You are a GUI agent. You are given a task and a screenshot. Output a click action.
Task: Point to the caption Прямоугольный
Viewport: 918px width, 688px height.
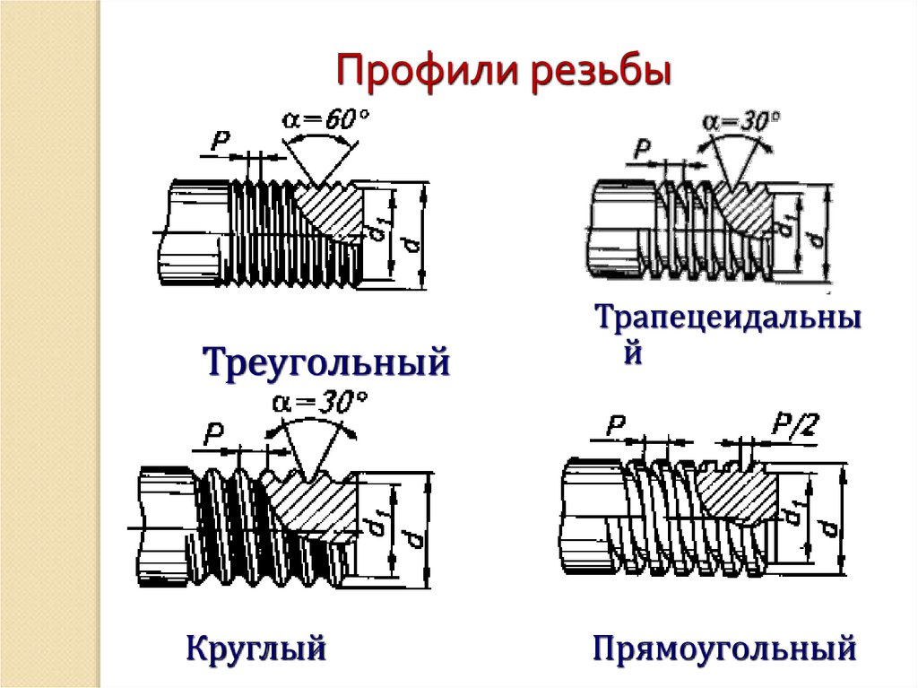pyautogui.click(x=724, y=649)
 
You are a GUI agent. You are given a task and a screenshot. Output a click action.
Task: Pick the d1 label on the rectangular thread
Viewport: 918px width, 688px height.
pyautogui.click(x=794, y=520)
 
